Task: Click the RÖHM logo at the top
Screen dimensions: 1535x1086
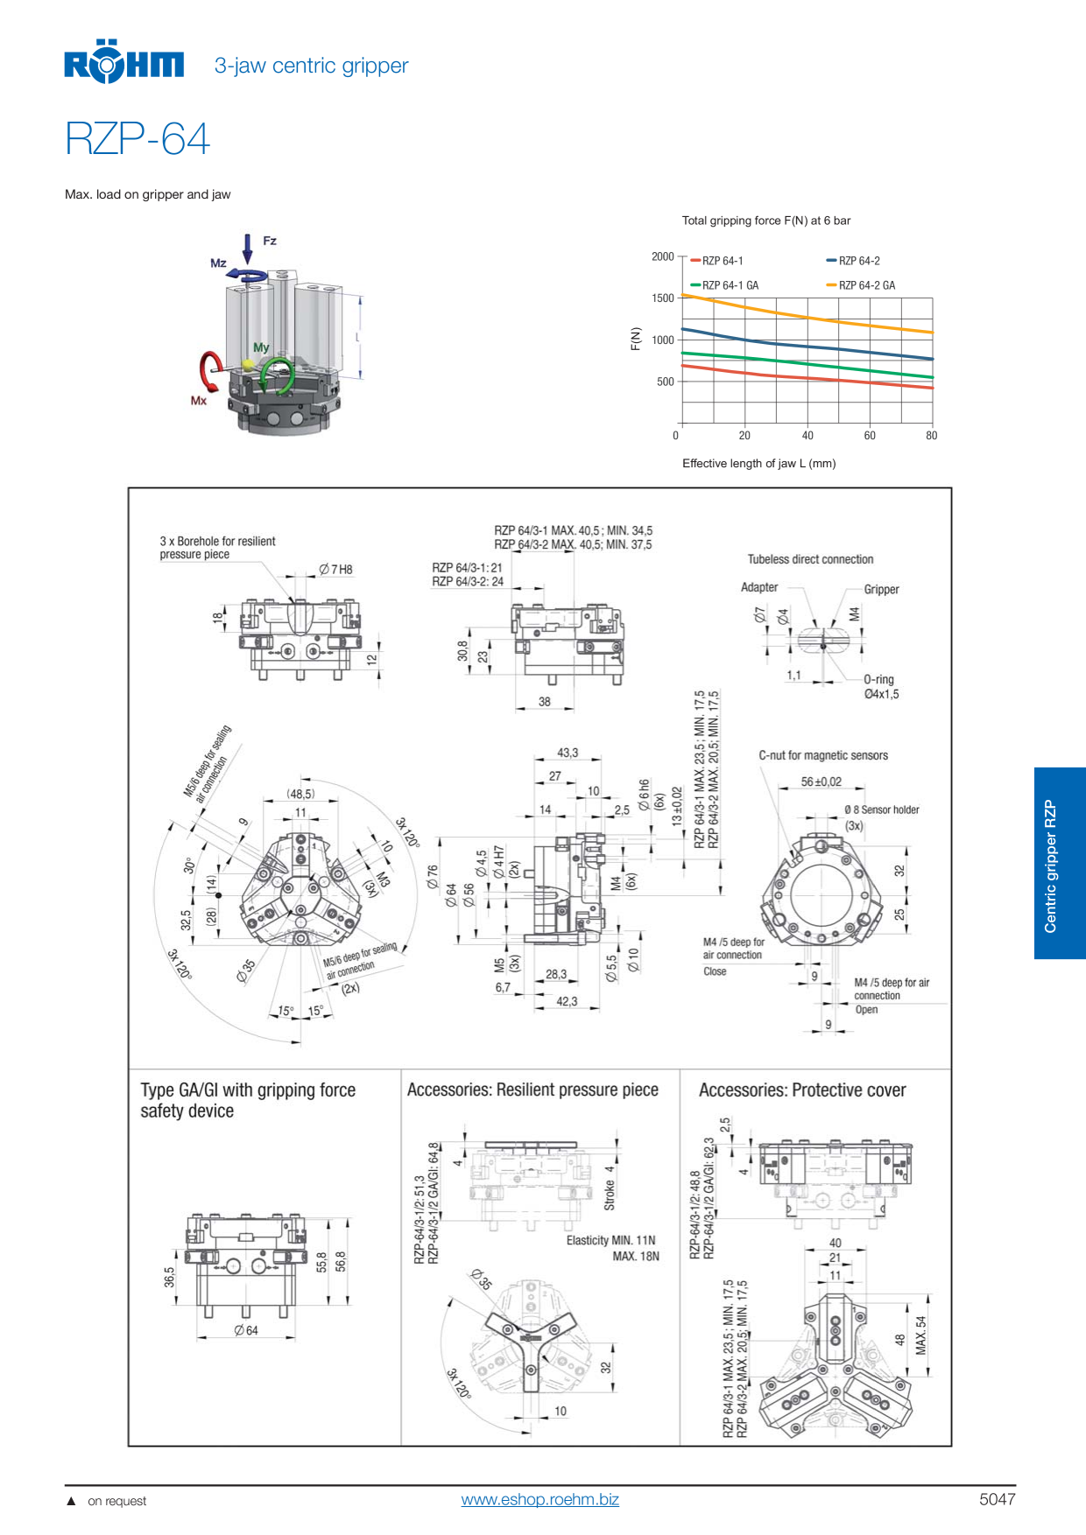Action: pyautogui.click(x=123, y=64)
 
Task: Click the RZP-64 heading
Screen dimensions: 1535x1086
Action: pyautogui.click(x=138, y=139)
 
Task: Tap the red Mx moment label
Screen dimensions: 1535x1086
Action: pyautogui.click(x=199, y=400)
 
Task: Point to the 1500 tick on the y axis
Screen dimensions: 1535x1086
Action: pyautogui.click(x=663, y=298)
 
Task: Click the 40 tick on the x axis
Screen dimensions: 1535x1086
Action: pyautogui.click(x=807, y=436)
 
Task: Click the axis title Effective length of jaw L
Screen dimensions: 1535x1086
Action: pyautogui.click(x=758, y=463)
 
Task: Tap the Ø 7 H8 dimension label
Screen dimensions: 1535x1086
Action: pyautogui.click(x=335, y=570)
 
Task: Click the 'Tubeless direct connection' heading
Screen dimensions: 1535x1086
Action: pyautogui.click(x=810, y=559)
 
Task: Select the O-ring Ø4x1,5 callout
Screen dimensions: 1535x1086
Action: pyautogui.click(x=880, y=687)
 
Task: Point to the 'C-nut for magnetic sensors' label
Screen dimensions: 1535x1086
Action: pyautogui.click(x=822, y=755)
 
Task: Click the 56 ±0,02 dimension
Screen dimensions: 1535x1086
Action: pyautogui.click(x=821, y=782)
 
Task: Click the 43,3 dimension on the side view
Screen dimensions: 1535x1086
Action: pyautogui.click(x=567, y=753)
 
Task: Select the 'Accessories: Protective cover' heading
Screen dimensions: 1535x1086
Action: pyautogui.click(x=801, y=1090)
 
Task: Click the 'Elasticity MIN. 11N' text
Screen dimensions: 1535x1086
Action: pyautogui.click(x=610, y=1240)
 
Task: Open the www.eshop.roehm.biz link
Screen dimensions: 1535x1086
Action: pyautogui.click(x=539, y=1499)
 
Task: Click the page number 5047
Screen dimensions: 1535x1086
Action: pyautogui.click(x=997, y=1499)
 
